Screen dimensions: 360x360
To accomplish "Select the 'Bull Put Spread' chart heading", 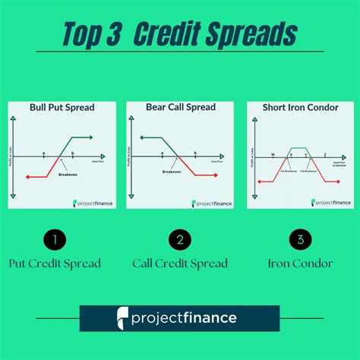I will [62, 107].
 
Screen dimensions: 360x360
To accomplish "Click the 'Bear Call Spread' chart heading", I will [177, 107].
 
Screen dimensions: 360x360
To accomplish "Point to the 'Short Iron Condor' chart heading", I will [295, 107].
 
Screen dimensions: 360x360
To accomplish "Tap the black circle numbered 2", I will [180, 241].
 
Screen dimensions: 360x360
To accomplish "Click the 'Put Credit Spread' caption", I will [55, 264].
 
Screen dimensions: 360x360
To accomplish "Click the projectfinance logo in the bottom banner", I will [180, 317].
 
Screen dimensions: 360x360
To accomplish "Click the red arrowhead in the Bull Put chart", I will [27, 176].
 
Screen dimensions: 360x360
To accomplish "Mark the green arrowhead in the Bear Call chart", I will [142, 137].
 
